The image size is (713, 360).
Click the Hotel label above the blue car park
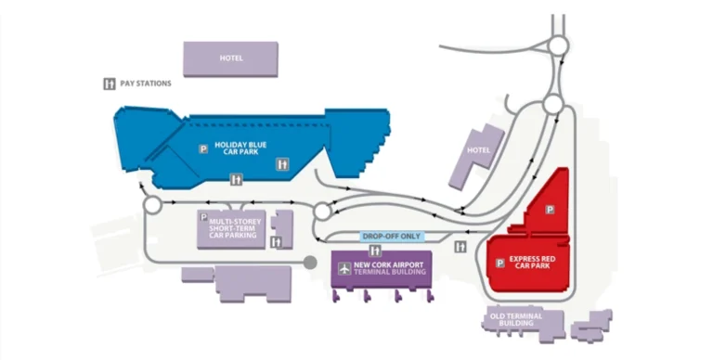[x=231, y=58]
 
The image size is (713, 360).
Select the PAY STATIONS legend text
[x=146, y=84]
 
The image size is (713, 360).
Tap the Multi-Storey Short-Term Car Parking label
[x=235, y=228]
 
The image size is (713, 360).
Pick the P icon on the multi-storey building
[x=203, y=216]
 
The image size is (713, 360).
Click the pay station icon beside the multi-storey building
[x=276, y=242]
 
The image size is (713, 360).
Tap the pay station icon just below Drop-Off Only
[x=375, y=251]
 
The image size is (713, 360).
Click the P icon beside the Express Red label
[x=501, y=262]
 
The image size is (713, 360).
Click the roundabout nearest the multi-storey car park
[x=153, y=204]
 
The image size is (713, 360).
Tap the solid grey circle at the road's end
[x=310, y=264]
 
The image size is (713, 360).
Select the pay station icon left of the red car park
[x=461, y=247]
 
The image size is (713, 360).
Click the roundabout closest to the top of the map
[x=558, y=45]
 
